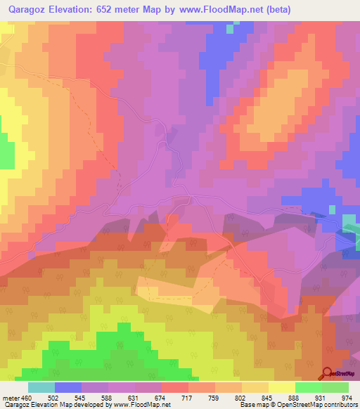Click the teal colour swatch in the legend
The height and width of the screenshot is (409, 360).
[41, 387]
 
